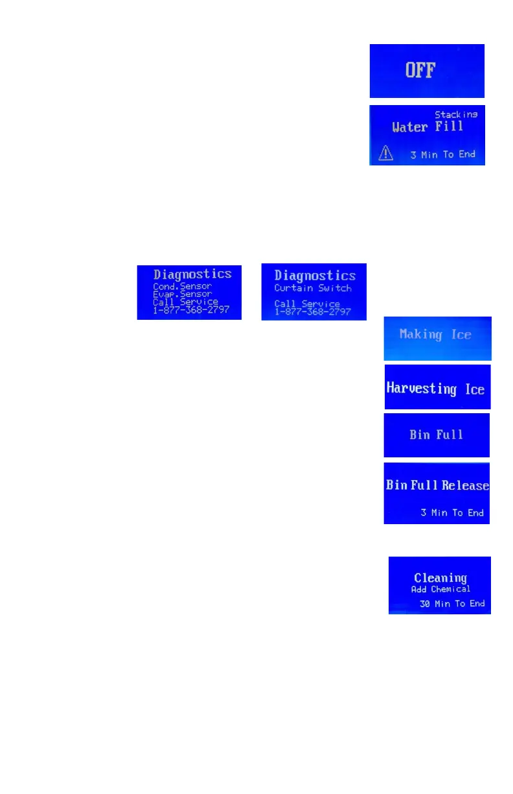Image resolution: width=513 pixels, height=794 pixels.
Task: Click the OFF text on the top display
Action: click(420, 70)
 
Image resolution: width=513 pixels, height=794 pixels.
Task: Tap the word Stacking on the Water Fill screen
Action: click(456, 114)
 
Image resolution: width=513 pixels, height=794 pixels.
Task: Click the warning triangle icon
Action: click(386, 154)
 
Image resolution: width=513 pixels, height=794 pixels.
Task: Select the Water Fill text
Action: click(427, 127)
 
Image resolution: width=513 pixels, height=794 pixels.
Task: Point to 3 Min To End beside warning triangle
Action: click(442, 154)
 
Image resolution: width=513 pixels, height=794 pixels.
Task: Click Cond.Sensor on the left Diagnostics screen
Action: click(182, 285)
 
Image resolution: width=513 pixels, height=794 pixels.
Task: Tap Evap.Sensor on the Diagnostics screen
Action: click(182, 293)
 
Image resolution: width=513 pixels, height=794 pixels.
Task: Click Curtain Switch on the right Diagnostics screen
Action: click(313, 288)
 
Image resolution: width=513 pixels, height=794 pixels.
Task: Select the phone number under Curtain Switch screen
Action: click(313, 311)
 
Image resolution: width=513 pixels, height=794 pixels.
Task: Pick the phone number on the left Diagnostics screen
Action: click(191, 310)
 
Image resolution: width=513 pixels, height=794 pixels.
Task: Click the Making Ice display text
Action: click(435, 335)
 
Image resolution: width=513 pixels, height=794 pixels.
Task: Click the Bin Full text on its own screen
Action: click(436, 435)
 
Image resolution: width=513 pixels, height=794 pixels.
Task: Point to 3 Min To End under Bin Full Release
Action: click(452, 512)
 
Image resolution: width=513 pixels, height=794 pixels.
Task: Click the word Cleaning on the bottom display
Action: click(440, 577)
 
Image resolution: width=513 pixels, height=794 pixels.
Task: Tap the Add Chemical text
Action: click(440, 590)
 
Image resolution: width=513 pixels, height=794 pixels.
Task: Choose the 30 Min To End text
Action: click(452, 603)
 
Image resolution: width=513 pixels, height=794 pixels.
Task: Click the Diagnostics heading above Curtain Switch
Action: click(315, 276)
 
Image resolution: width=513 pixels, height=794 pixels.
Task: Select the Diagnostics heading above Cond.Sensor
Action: click(192, 274)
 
